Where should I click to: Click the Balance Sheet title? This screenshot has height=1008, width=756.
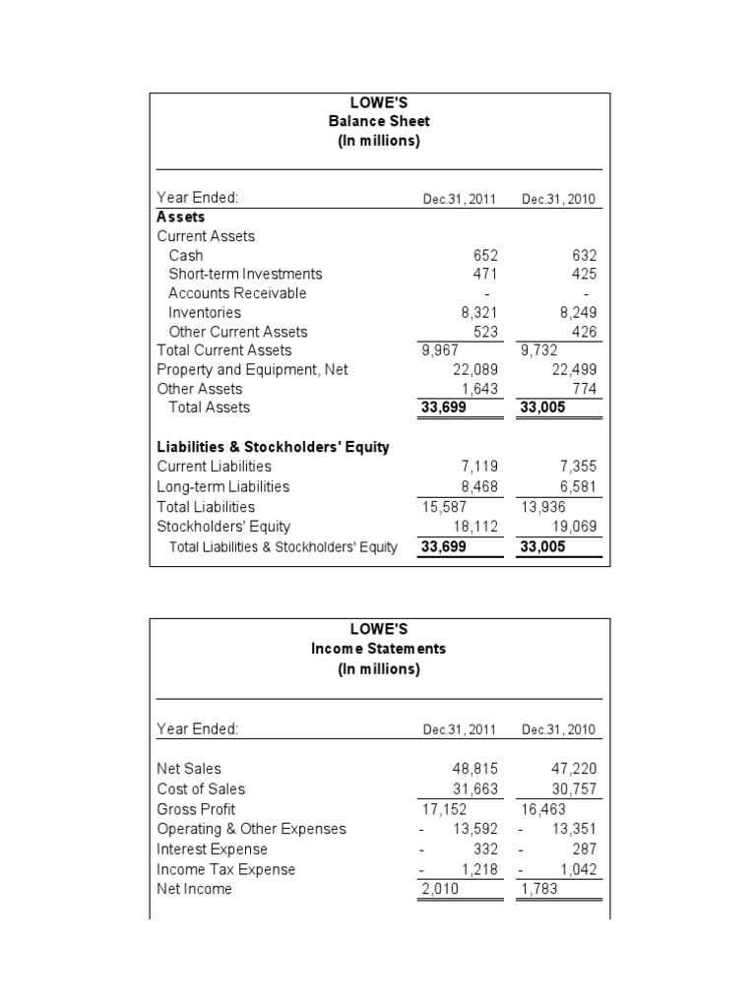pos(379,122)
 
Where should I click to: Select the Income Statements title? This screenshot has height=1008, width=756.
pos(379,649)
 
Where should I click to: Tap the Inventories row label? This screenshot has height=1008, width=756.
pos(205,312)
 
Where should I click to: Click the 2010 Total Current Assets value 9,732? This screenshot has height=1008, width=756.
pos(540,349)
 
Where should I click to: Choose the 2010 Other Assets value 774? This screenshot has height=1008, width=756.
pos(584,389)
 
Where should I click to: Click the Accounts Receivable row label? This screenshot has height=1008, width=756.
pos(237,293)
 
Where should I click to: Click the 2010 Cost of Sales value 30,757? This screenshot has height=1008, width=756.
pos(574,788)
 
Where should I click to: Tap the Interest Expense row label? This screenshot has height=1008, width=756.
pos(212,849)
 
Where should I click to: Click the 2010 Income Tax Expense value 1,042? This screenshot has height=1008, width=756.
pos(578,869)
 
